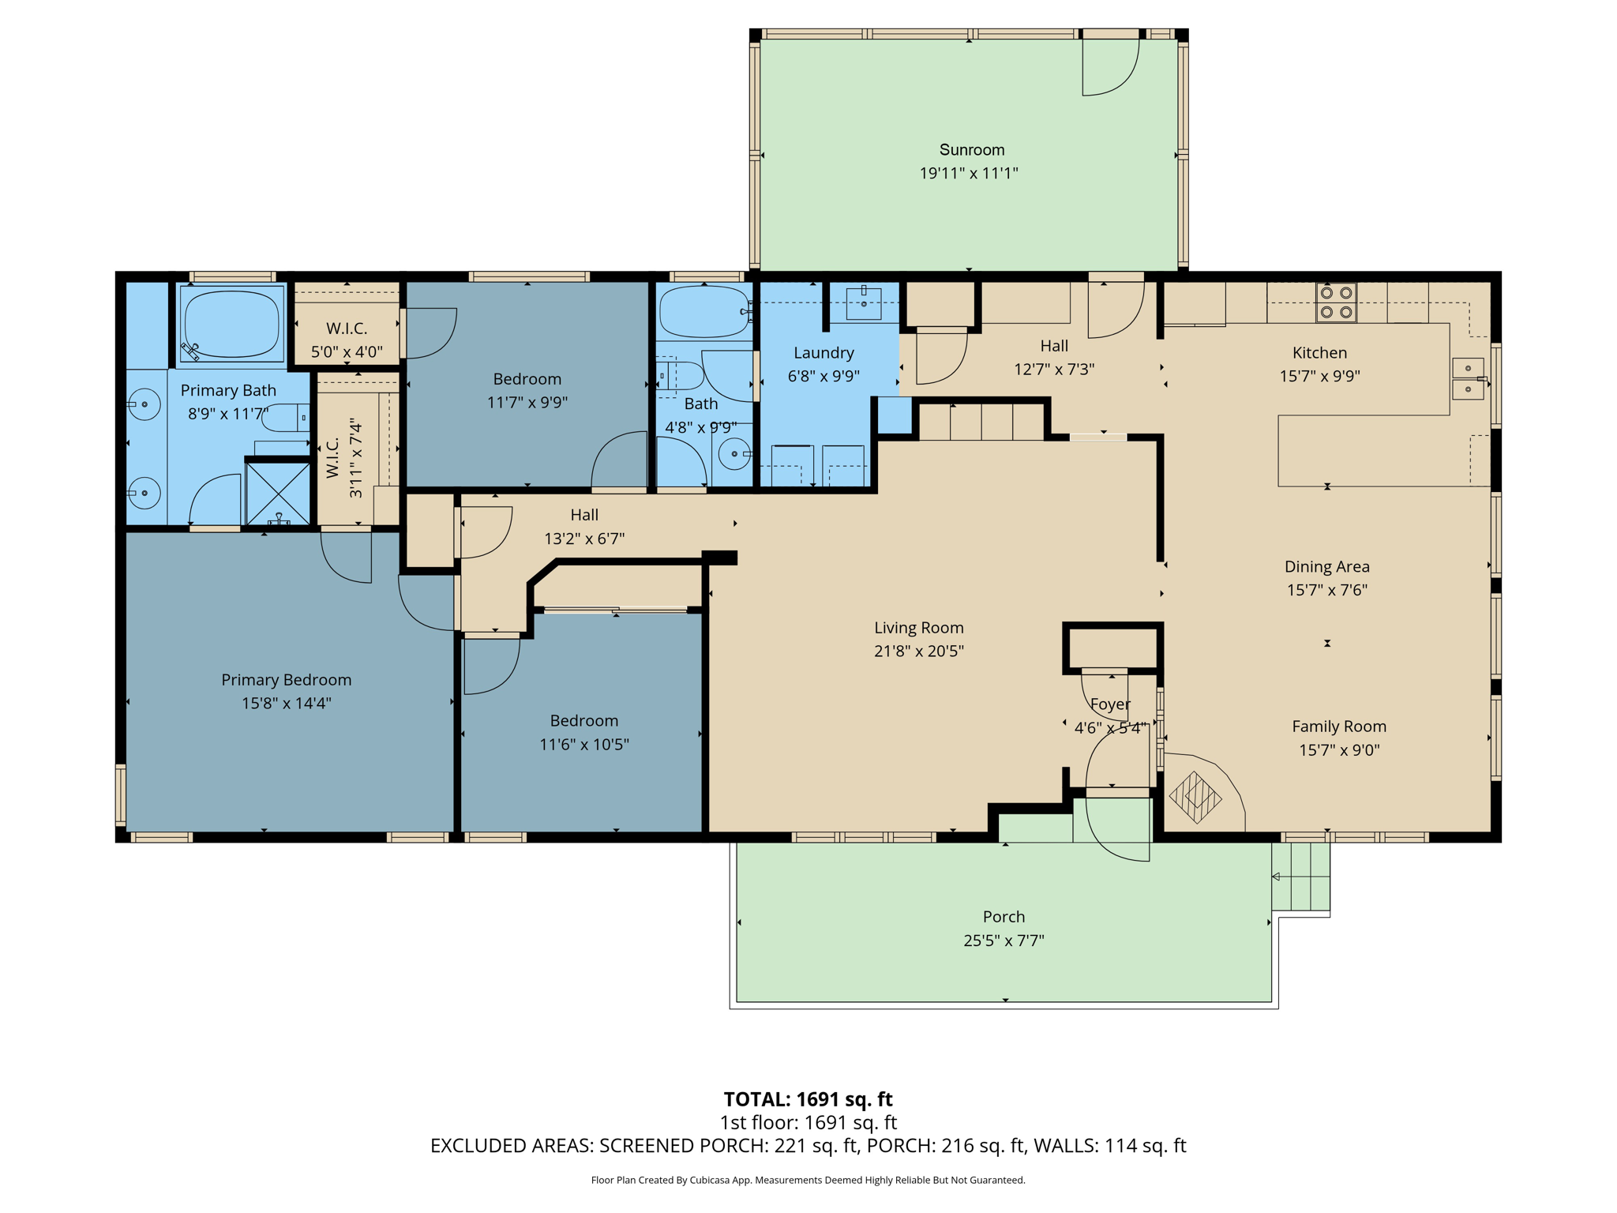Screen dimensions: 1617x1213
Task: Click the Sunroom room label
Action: (x=971, y=150)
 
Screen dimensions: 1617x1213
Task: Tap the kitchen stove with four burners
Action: (x=1336, y=302)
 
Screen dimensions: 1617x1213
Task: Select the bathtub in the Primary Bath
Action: (x=232, y=325)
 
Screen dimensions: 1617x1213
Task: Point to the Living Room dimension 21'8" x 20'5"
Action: (x=918, y=652)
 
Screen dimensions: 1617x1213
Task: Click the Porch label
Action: (x=1004, y=917)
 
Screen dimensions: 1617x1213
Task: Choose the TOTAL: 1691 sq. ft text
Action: (x=808, y=1099)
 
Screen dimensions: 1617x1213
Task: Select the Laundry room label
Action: (x=824, y=353)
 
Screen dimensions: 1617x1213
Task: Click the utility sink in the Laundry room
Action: (x=864, y=303)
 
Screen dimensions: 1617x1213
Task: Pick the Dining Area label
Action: (x=1326, y=567)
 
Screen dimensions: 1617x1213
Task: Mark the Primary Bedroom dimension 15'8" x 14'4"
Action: (x=286, y=704)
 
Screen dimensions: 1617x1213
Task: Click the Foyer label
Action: (x=1109, y=704)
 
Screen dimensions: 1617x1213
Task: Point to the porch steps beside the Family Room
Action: (x=1300, y=877)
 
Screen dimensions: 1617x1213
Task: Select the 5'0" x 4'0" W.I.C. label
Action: (x=347, y=352)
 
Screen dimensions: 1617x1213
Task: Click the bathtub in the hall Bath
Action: (x=704, y=313)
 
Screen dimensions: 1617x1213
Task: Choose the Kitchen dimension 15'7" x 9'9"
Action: (x=1319, y=377)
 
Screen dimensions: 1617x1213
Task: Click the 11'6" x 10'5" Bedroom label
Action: (x=583, y=745)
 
